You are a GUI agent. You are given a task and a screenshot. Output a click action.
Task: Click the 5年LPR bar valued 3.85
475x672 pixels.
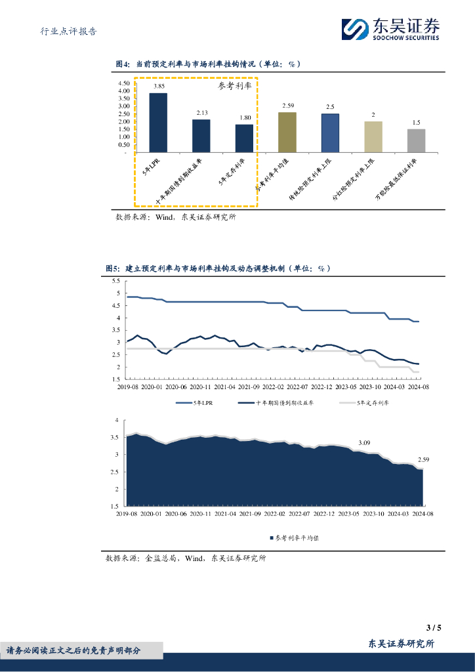158,123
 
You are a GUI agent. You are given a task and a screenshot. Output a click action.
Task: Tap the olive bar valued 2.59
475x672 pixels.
287,132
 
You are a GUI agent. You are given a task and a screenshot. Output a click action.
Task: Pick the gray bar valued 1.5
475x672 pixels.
416,140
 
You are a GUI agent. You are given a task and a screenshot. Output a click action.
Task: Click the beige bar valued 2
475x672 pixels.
373,136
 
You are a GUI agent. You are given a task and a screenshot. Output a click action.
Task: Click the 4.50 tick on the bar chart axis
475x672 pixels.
124,84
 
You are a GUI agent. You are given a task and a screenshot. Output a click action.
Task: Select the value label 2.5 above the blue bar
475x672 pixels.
330,107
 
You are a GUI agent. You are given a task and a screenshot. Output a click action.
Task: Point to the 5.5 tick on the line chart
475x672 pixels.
116,282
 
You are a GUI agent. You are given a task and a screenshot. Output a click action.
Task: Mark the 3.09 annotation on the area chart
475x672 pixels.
364,442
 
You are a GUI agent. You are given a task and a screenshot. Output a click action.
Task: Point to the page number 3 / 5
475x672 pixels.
434,627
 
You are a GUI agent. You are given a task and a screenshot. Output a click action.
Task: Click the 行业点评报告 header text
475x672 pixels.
68,31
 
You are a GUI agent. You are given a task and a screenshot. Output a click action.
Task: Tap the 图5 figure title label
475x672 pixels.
113,268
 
